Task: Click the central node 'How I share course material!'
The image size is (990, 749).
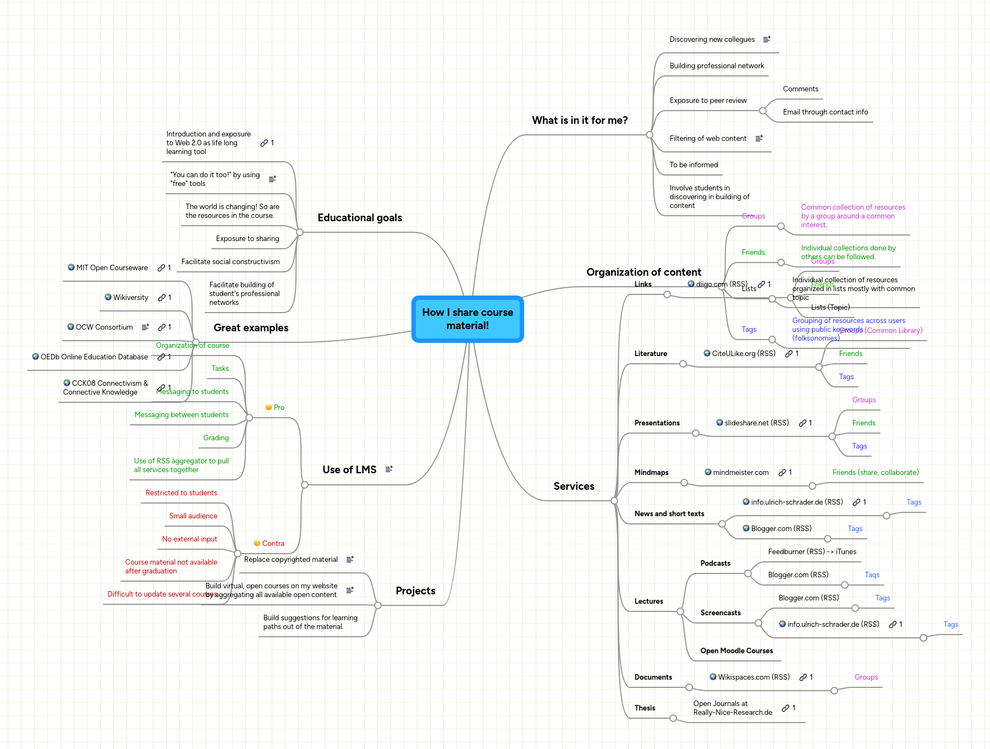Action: tap(468, 319)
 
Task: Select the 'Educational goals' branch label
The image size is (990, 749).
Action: tap(360, 218)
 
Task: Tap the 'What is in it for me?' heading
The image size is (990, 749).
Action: tap(580, 121)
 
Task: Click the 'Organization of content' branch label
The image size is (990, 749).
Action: tap(643, 272)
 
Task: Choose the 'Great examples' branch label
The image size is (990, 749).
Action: tap(251, 328)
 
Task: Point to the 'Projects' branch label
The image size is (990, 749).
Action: tap(415, 591)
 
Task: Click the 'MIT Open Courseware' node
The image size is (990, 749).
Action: tap(112, 268)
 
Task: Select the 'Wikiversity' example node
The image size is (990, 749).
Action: tap(130, 298)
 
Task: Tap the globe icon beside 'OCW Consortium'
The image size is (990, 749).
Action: tap(70, 327)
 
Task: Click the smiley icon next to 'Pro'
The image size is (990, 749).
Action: tap(268, 407)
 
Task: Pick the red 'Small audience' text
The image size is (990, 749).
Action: tap(193, 516)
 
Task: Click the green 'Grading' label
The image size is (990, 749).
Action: tap(216, 438)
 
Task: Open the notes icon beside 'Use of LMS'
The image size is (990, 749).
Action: tap(389, 469)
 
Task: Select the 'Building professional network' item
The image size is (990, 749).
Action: tap(717, 66)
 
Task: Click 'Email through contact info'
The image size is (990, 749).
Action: tap(825, 112)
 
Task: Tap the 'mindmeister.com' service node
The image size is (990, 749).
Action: tap(740, 473)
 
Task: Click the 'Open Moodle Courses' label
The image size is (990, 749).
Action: tap(736, 651)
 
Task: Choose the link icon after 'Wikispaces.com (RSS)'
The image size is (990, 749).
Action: tap(803, 677)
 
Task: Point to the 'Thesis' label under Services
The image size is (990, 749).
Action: tap(645, 708)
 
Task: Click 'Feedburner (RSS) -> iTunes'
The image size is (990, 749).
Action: tap(812, 552)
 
